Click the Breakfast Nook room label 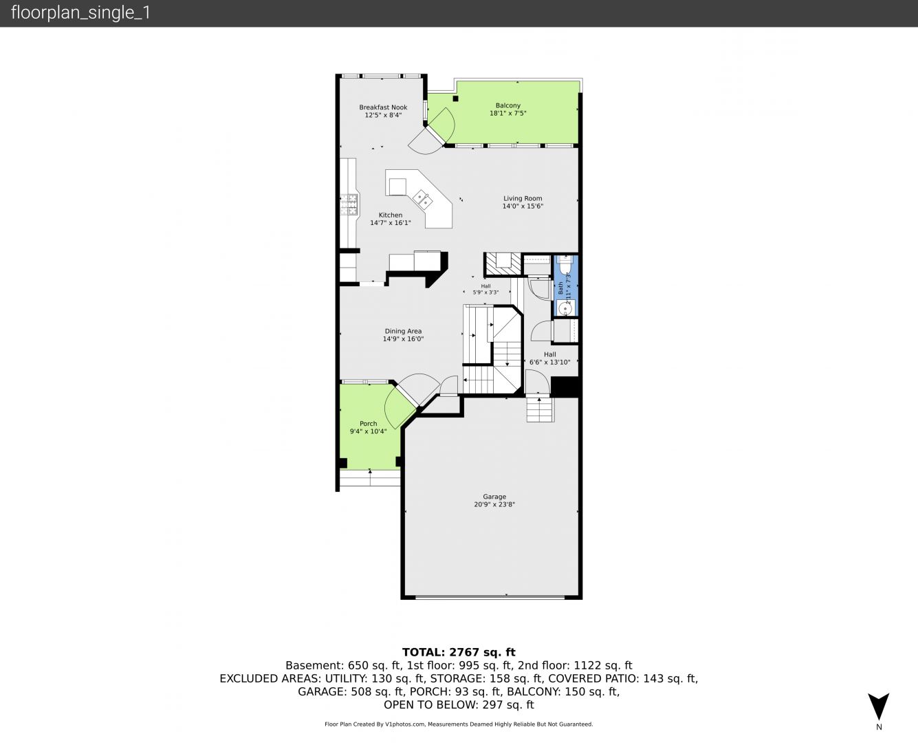point(383,107)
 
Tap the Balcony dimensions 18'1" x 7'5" point(507,114)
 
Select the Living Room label point(523,198)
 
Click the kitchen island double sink point(422,200)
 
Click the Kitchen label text point(391,215)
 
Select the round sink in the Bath point(565,308)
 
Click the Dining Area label point(404,331)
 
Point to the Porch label point(369,424)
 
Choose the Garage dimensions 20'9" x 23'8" point(494,504)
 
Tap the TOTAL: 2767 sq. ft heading point(459,652)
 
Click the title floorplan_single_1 point(80,13)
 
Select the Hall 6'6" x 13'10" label point(550,358)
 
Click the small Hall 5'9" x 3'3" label point(485,290)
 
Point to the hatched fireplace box point(503,264)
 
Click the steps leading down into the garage point(540,409)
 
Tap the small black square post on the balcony point(455,99)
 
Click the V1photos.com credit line point(459,724)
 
